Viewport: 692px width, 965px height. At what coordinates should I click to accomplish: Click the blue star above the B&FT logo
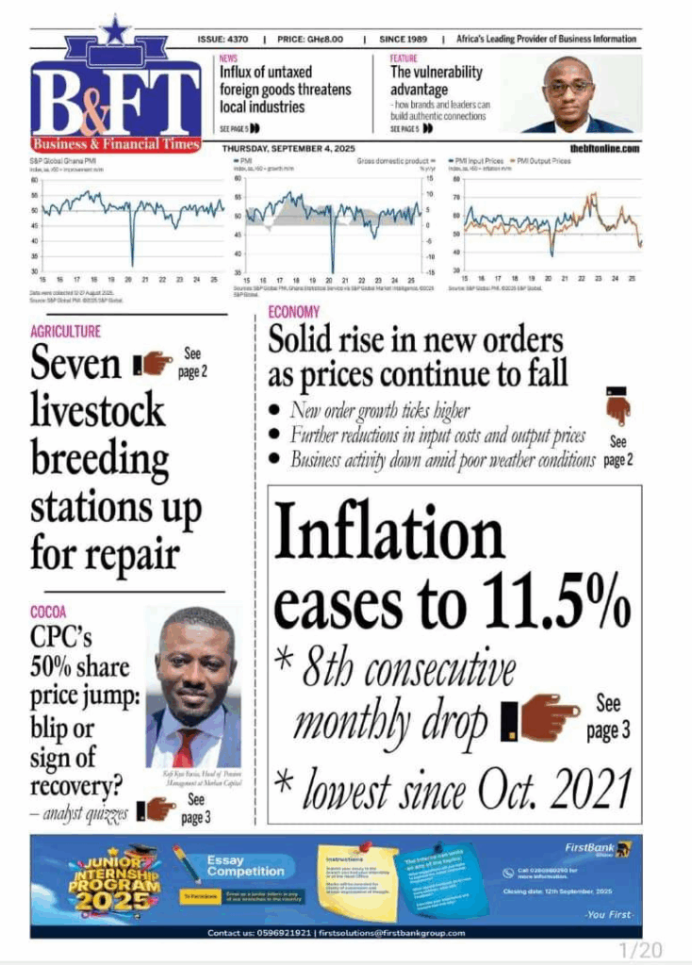point(115,31)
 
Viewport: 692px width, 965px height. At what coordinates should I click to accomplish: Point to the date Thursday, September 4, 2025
point(289,148)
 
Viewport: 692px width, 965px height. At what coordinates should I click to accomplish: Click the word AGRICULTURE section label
point(65,332)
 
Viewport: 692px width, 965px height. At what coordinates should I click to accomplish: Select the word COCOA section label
point(48,613)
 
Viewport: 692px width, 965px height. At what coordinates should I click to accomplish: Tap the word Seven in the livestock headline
point(76,364)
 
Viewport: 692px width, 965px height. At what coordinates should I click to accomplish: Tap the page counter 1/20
point(640,948)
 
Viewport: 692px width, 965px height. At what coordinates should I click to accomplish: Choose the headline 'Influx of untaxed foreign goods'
point(285,90)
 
